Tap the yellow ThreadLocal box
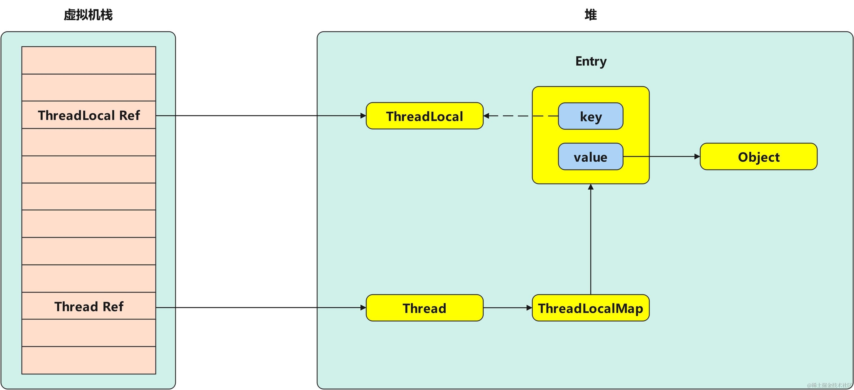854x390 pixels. click(424, 116)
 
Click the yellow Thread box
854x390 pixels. click(424, 308)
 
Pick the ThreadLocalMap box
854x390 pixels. click(591, 308)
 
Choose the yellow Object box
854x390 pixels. click(759, 157)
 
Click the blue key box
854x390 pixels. click(591, 116)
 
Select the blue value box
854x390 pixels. click(591, 157)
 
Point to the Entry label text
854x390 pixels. click(591, 61)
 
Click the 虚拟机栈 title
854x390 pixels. click(88, 15)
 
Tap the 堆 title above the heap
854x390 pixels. click(591, 15)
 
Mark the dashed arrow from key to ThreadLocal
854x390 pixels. click(520, 116)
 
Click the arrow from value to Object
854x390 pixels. click(661, 157)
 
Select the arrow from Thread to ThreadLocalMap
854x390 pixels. click(507, 308)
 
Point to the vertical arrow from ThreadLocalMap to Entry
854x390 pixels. click(591, 239)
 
